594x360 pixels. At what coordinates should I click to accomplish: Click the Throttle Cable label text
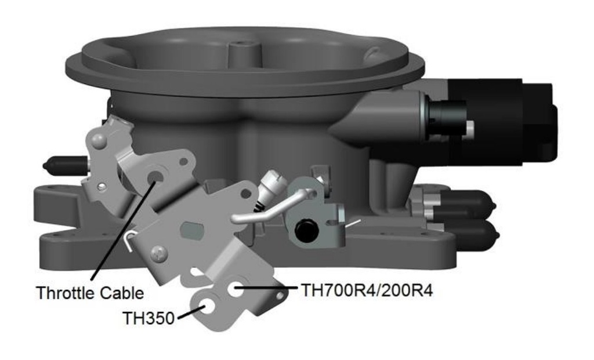[89, 292]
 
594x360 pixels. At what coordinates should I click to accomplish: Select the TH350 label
[148, 318]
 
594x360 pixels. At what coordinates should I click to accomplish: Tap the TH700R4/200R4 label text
[367, 290]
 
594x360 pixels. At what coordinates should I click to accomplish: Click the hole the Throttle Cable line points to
[155, 177]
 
